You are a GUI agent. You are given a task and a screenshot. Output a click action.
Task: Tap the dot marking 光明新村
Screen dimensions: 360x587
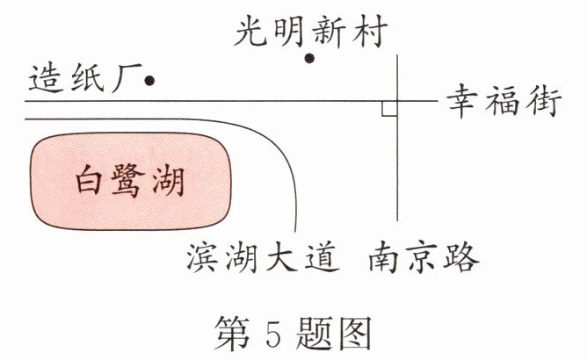[x=309, y=59]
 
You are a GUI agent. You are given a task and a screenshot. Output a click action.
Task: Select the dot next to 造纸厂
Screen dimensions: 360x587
[x=149, y=81]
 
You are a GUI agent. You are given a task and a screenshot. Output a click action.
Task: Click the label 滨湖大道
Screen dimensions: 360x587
[x=261, y=259]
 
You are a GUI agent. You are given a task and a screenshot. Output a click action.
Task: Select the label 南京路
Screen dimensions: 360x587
[x=424, y=259]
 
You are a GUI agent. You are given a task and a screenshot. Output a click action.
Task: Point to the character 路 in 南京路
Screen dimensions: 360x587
[x=462, y=259]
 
